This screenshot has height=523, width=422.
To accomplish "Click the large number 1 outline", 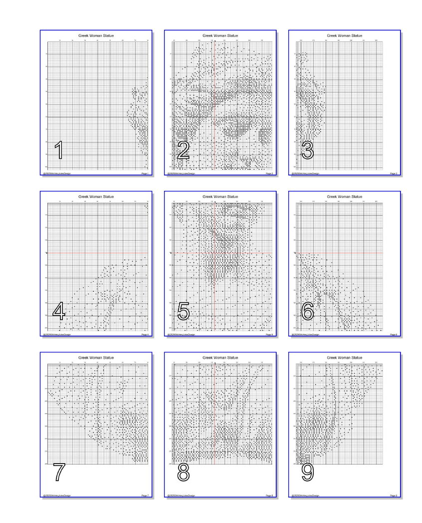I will coord(59,150).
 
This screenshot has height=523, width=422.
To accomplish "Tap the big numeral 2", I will coord(183,150).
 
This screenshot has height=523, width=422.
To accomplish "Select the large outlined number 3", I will coord(308,150).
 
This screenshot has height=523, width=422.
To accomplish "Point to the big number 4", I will coord(59,311).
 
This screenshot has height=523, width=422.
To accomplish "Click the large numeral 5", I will coord(183,311).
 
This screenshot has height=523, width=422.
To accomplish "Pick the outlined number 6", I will coord(308,311).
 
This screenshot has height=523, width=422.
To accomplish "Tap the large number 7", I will coord(59,472).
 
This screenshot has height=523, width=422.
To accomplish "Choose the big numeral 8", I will coord(183,472).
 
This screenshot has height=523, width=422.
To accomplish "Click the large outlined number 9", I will coord(308,472).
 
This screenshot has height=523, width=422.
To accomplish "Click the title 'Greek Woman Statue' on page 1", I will coord(96,35).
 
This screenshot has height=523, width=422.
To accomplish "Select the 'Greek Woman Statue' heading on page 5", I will coord(220,196).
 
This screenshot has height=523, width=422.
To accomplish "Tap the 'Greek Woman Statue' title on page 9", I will coord(345,357).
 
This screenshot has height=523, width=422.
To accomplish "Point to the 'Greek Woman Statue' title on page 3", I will coord(345,35).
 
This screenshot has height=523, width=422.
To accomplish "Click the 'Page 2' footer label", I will coord(269,173).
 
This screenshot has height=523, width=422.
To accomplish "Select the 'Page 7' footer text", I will coord(145,495).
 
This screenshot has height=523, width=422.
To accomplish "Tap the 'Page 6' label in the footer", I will coord(394,334).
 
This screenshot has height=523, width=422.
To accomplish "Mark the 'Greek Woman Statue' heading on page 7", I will coord(96,357).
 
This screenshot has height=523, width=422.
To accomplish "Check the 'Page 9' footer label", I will coord(394,495).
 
